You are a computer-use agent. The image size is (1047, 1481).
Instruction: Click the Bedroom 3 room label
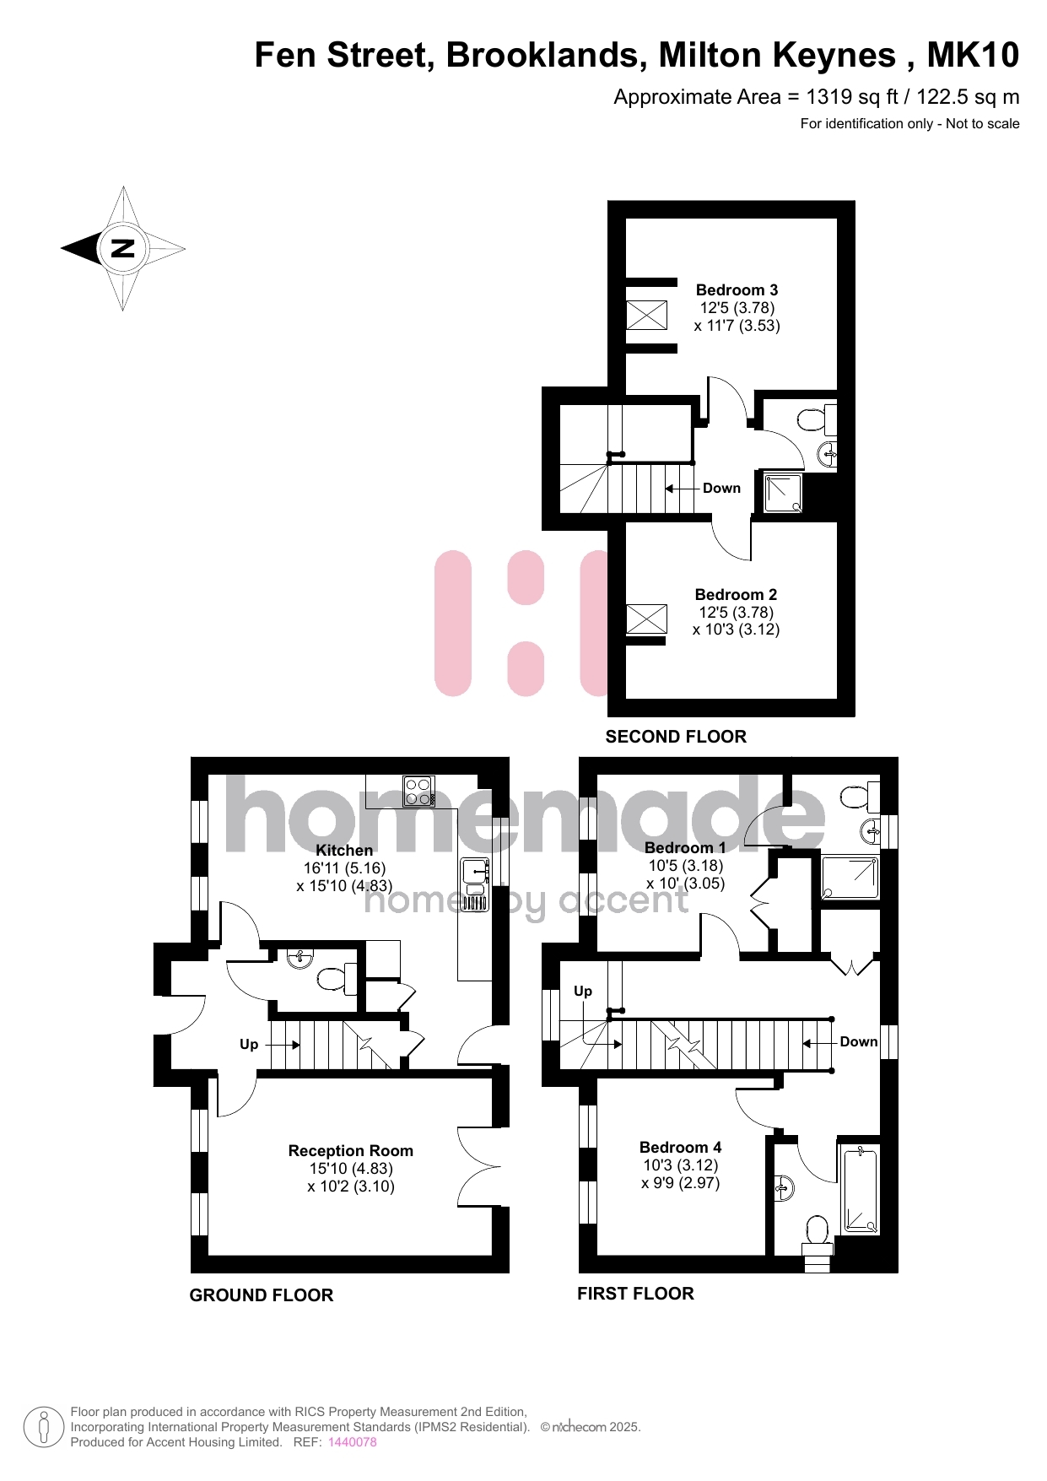(737, 290)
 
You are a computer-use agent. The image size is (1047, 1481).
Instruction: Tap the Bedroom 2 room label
(736, 595)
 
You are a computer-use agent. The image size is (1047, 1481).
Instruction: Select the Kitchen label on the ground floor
(344, 851)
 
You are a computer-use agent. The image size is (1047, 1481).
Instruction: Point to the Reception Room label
(351, 1151)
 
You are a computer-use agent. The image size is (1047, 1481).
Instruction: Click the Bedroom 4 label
(680, 1148)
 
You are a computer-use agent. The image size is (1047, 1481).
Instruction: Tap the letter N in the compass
(123, 248)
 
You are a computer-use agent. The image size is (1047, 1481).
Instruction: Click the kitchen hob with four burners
(419, 792)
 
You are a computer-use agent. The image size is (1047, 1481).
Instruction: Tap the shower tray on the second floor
(784, 493)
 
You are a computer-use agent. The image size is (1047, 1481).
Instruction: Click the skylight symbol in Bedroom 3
(646, 316)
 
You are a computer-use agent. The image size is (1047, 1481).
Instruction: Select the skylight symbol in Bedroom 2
(646, 619)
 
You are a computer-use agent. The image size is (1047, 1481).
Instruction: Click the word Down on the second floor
(721, 489)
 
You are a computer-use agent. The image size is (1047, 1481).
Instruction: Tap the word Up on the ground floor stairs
(249, 1045)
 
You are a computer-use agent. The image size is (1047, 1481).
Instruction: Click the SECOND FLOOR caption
(676, 737)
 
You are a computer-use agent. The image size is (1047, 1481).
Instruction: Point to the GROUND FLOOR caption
(262, 1295)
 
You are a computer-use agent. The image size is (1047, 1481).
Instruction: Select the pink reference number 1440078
(353, 1442)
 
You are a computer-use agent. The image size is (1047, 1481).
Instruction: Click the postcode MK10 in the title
(973, 55)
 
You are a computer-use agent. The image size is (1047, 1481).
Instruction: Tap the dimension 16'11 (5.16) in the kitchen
(344, 868)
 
